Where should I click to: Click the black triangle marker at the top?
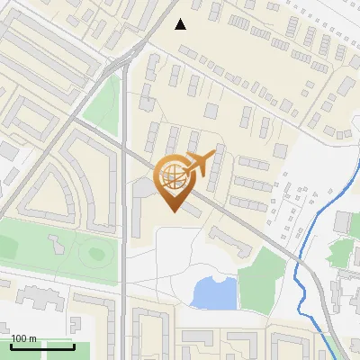(181, 24)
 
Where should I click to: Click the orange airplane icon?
(200, 163)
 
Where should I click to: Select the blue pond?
(214, 292)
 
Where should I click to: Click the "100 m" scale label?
(23, 338)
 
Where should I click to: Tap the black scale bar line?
(42, 346)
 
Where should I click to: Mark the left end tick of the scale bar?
(11, 346)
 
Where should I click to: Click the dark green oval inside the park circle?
(96, 254)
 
